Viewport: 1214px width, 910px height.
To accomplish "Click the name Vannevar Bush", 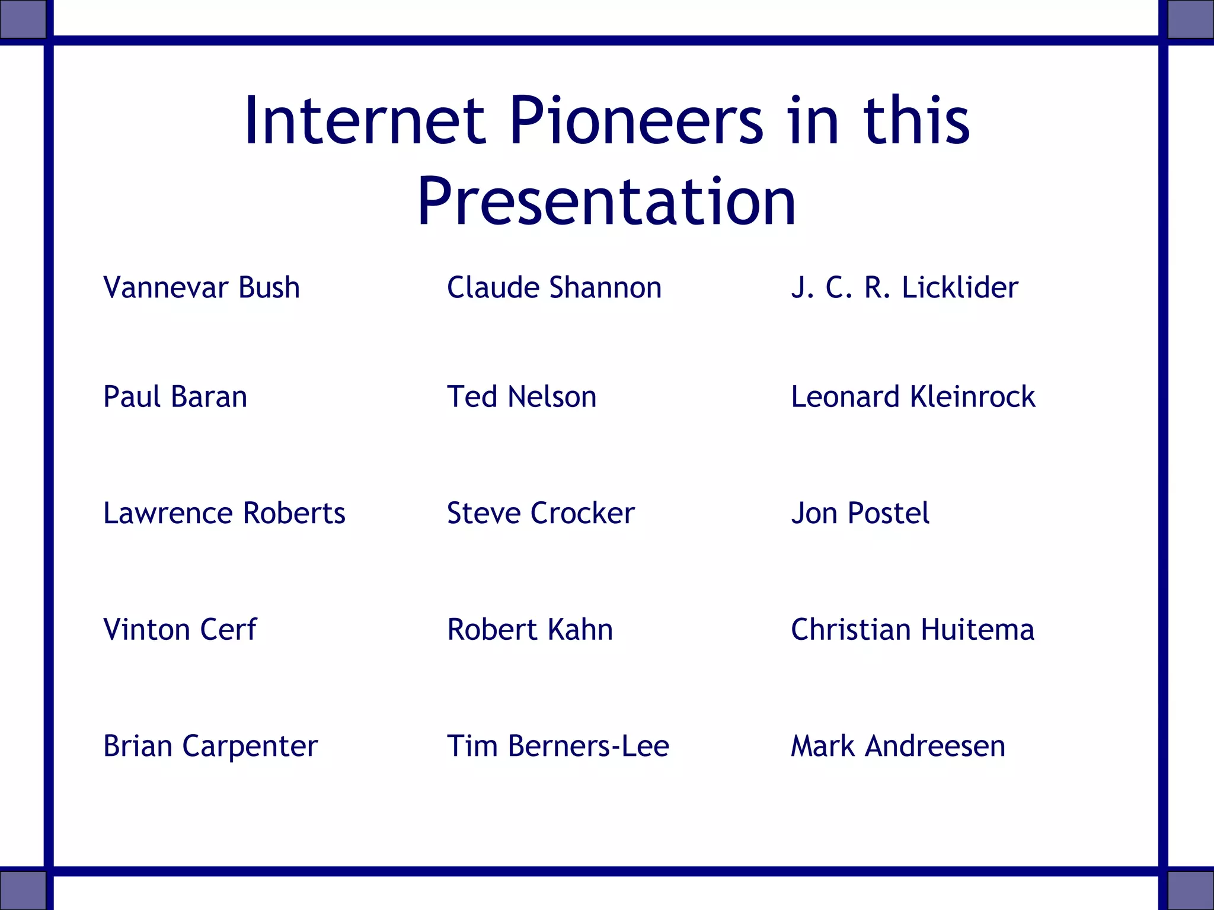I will [202, 288].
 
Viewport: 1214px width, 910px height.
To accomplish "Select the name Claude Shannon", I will [554, 288].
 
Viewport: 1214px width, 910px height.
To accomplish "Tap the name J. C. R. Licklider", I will [905, 288].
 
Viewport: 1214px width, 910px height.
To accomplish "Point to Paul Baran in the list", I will [175, 397].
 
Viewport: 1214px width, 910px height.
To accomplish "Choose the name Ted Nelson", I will [522, 397].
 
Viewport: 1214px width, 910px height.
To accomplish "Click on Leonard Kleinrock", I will [913, 397].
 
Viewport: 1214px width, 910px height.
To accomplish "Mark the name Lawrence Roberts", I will [224, 513].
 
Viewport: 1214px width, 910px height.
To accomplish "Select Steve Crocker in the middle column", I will [541, 513].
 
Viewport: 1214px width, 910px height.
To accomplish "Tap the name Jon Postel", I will [860, 513].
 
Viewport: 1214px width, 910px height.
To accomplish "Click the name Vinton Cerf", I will [180, 630].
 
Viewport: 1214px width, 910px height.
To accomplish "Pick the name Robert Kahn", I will [530, 630].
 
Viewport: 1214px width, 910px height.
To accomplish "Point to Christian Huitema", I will [912, 630].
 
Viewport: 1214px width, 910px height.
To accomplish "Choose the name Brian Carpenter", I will [210, 746].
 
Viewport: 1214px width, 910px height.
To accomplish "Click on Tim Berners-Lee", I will [558, 746].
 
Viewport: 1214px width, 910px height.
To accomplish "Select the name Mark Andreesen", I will [898, 746].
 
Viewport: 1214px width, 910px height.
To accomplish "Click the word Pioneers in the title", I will [636, 121].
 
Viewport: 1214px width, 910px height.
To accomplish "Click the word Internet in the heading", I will [365, 121].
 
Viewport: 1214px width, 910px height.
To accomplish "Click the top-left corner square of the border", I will [23, 19].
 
